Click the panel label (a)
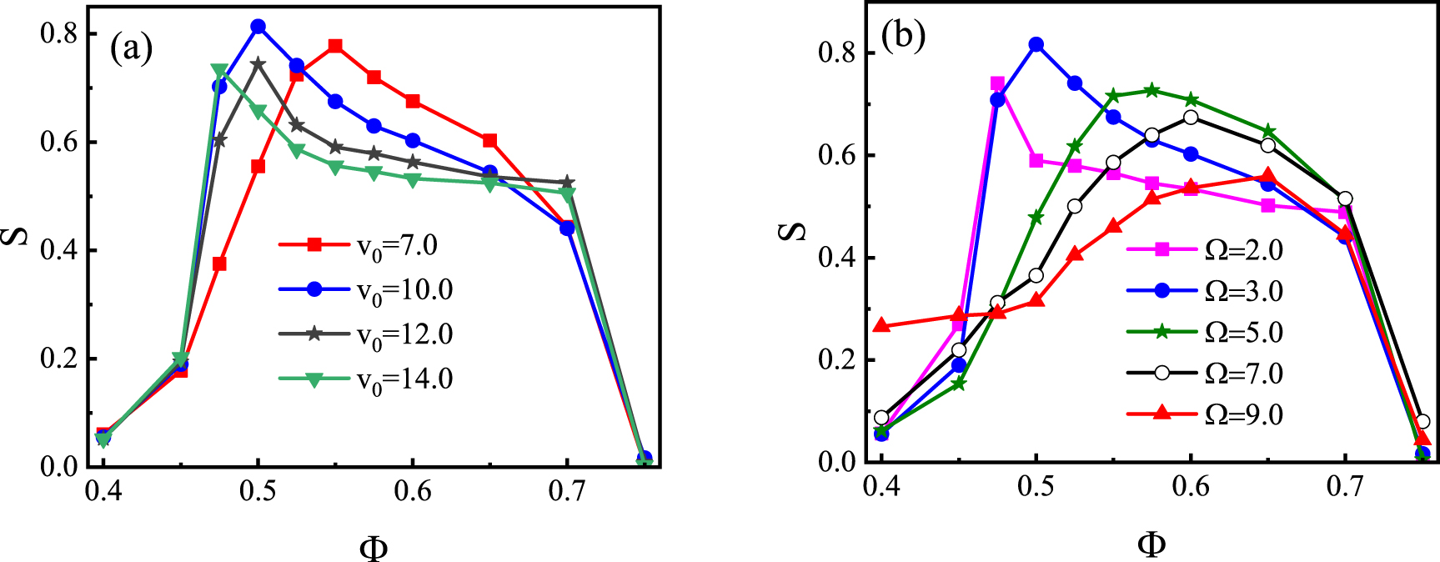(132, 49)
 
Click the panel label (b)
(904, 38)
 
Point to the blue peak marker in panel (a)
(258, 27)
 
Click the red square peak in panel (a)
(335, 46)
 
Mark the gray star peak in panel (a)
(258, 63)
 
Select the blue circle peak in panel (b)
(1036, 44)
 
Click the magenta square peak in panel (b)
(997, 83)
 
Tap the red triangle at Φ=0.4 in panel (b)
(882, 326)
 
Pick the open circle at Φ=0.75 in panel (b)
(1422, 422)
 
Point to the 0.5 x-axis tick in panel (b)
(1036, 486)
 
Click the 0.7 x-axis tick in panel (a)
(567, 491)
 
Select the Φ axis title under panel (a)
(374, 548)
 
